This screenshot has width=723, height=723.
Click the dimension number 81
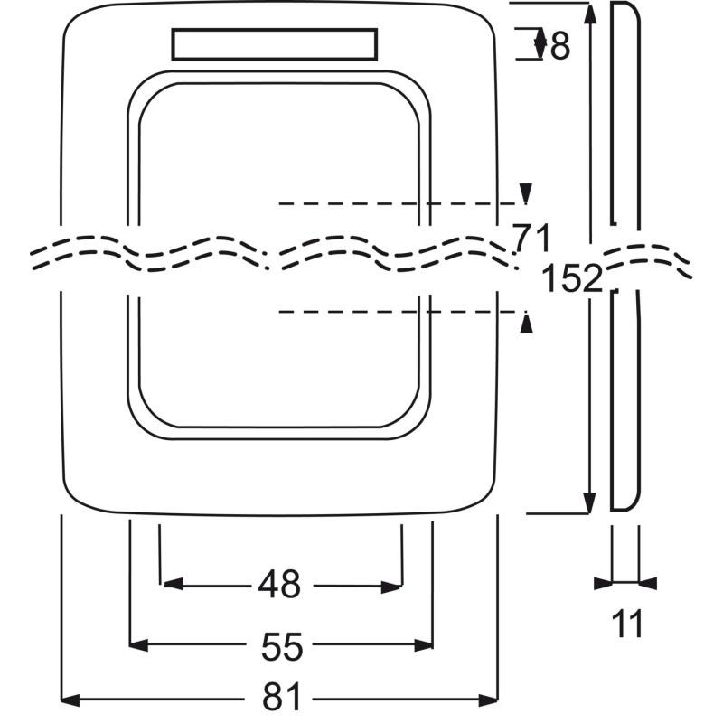point(281,697)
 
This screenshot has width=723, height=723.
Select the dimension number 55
point(282,646)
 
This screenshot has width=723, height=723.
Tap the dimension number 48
point(279,584)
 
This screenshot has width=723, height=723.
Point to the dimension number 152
point(572,278)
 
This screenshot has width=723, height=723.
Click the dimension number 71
point(532,238)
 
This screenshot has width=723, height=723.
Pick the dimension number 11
point(627,624)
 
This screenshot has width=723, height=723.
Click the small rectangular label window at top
point(275,44)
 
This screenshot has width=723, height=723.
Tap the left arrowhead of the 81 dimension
point(70,700)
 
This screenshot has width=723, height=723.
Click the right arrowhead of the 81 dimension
point(489,700)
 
